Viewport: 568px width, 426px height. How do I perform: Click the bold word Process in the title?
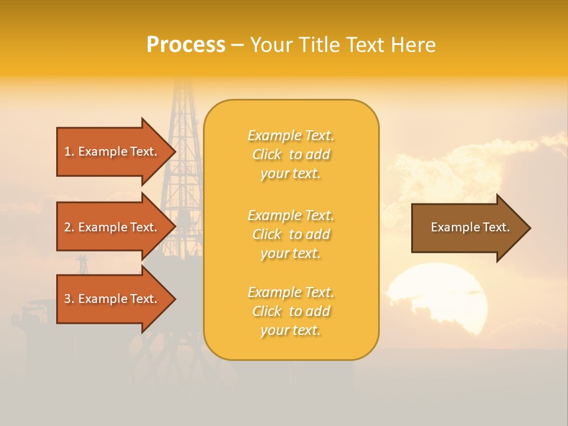click(x=186, y=45)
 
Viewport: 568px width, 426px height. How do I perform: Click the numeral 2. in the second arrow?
click(x=69, y=227)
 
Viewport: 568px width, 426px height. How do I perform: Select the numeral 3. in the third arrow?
click(x=69, y=299)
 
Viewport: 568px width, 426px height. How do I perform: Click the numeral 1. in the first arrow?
click(x=69, y=151)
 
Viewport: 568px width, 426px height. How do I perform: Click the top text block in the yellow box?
click(x=291, y=154)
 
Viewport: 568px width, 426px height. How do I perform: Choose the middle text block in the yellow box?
click(x=291, y=234)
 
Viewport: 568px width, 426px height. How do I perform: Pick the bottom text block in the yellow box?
click(x=291, y=311)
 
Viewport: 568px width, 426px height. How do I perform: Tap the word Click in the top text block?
click(x=267, y=154)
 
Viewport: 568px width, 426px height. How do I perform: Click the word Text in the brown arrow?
click(x=496, y=227)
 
